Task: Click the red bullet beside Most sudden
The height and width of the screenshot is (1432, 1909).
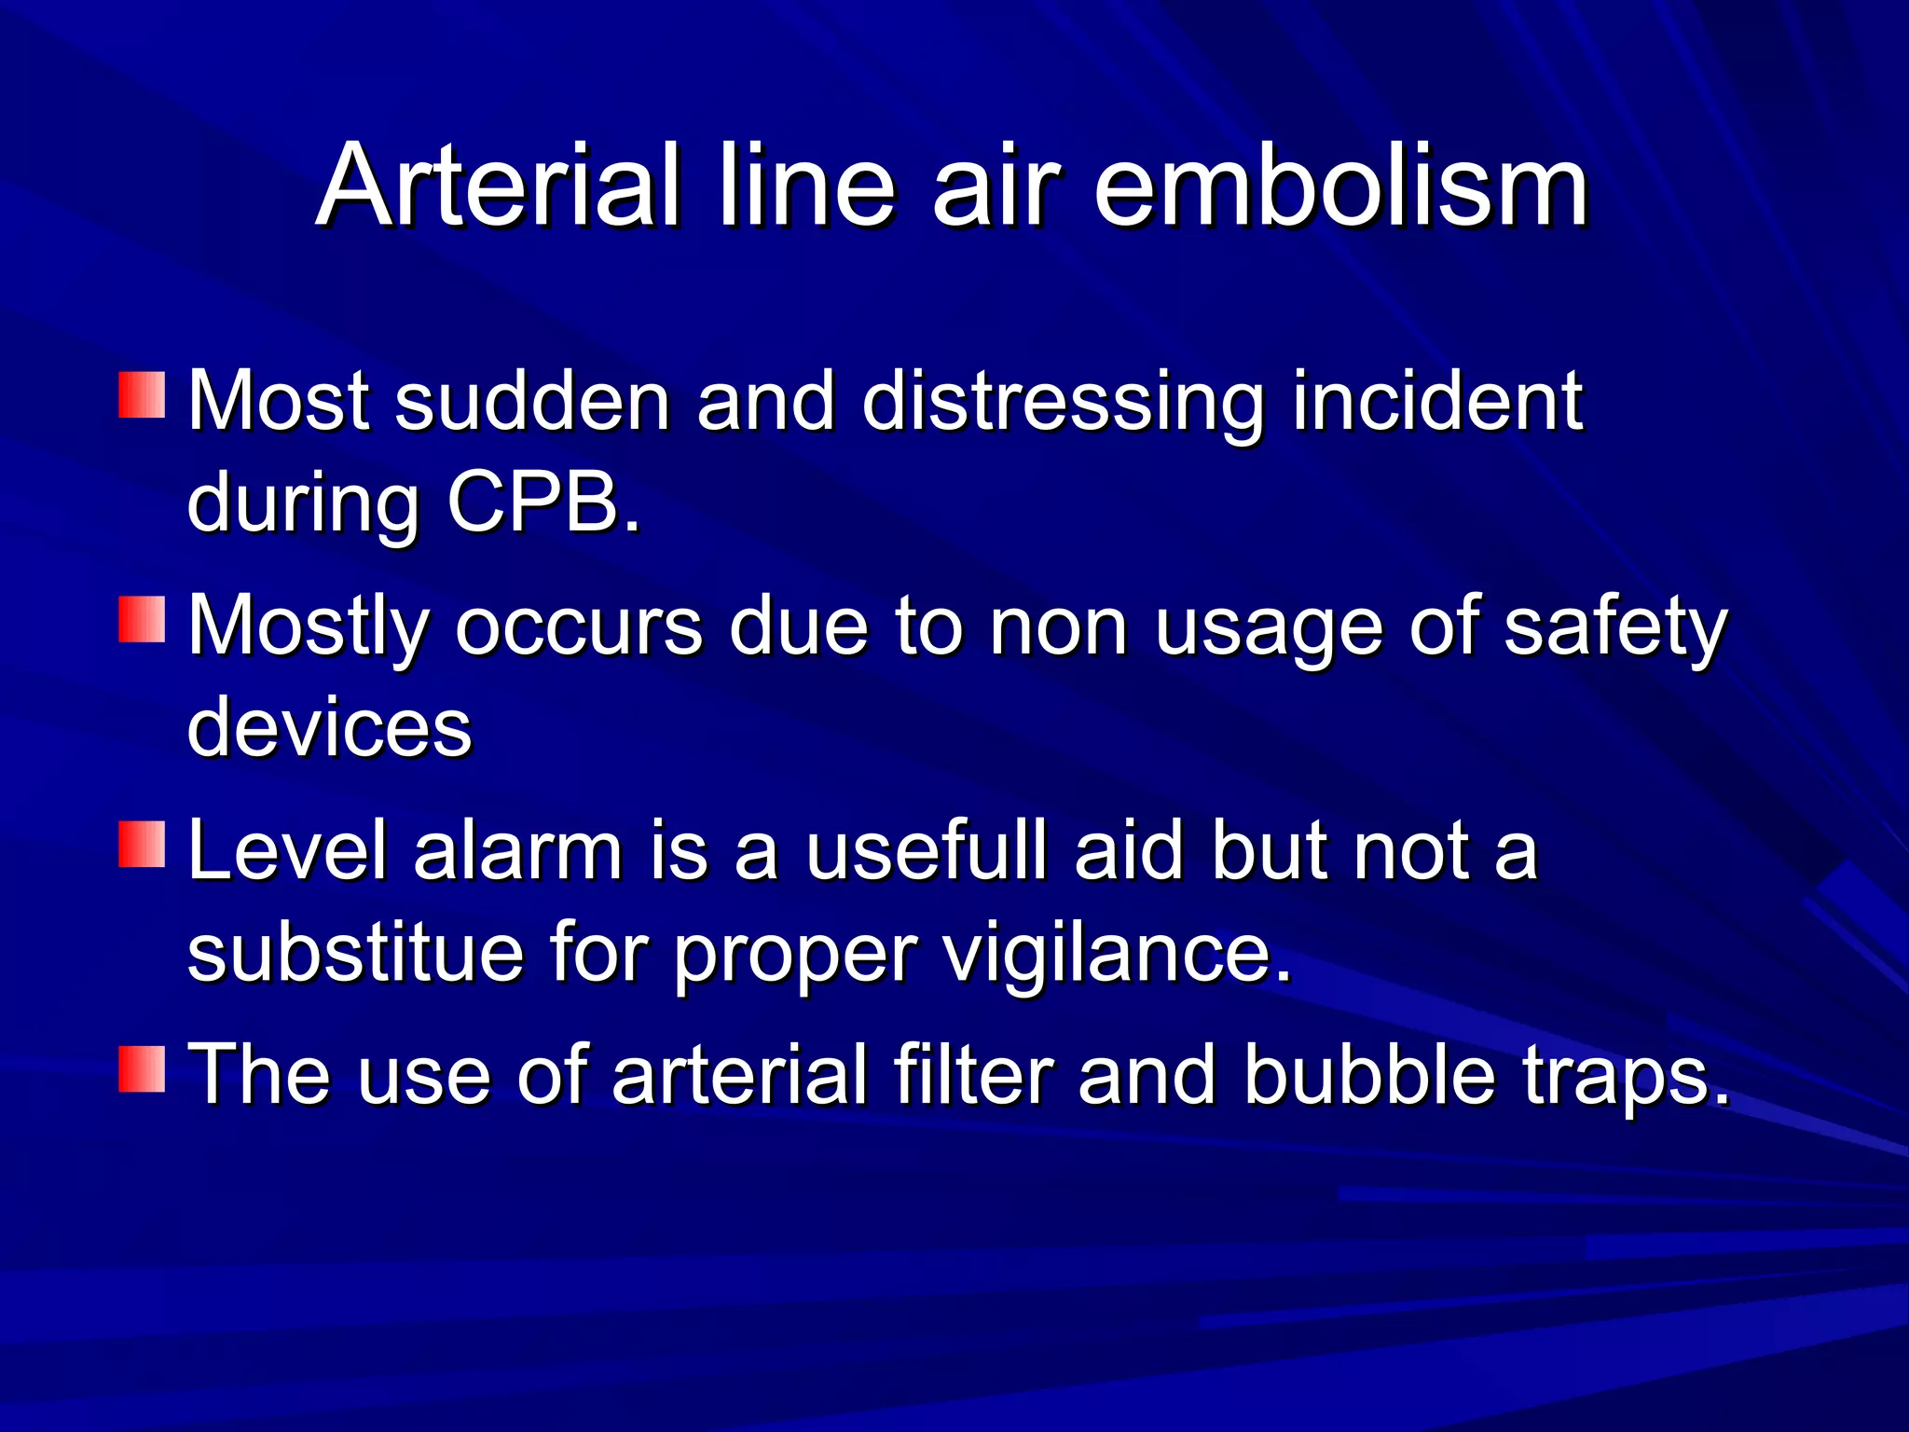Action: click(x=142, y=395)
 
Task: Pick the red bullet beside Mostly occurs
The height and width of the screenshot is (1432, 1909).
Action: click(x=142, y=620)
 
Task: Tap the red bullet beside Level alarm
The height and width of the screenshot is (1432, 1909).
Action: click(x=142, y=845)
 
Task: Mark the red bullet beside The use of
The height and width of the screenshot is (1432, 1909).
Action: click(x=142, y=1068)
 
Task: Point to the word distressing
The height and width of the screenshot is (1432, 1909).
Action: click(x=1064, y=403)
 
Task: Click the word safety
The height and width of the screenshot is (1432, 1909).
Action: click(x=1616, y=628)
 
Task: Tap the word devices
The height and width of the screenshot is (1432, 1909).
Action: click(x=330, y=727)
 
